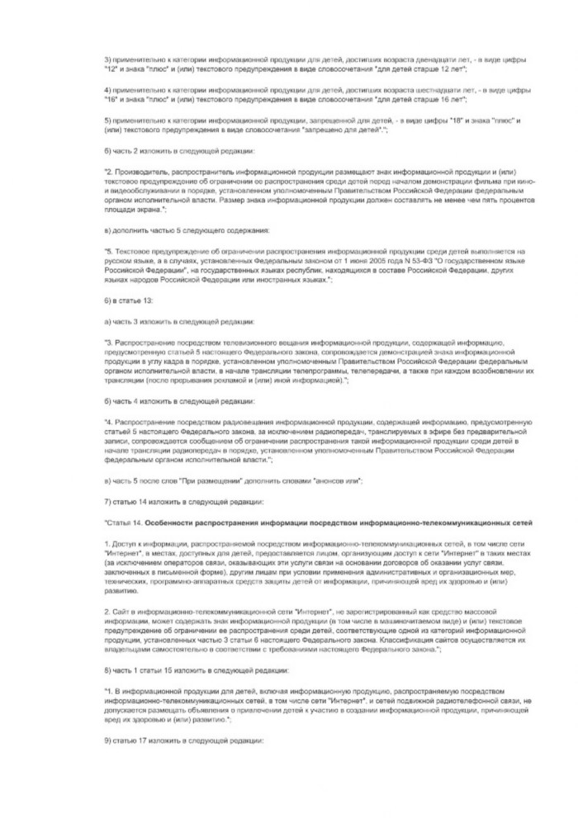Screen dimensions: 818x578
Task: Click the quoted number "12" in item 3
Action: (x=111, y=72)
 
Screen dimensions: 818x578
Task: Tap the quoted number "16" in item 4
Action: (x=111, y=100)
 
